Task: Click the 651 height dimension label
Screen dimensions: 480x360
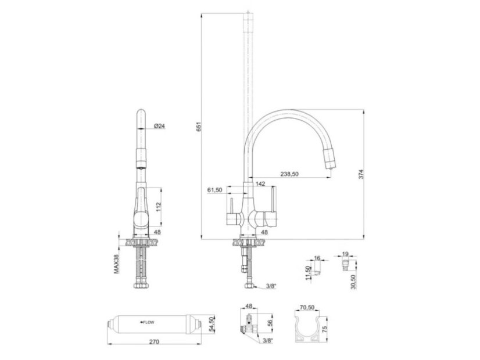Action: [x=199, y=127]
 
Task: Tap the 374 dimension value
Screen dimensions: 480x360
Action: [x=361, y=174]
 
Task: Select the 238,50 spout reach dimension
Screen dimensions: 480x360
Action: [x=289, y=174]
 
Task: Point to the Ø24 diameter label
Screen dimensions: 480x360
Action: [x=159, y=125]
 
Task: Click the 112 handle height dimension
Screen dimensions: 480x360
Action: [x=158, y=204]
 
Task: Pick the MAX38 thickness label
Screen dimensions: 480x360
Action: [x=117, y=264]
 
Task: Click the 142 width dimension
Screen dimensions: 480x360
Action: [x=260, y=184]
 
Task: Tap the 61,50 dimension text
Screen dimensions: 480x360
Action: [x=214, y=190]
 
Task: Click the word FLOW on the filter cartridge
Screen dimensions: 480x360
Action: [x=149, y=322]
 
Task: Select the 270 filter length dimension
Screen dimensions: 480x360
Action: [x=155, y=341]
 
